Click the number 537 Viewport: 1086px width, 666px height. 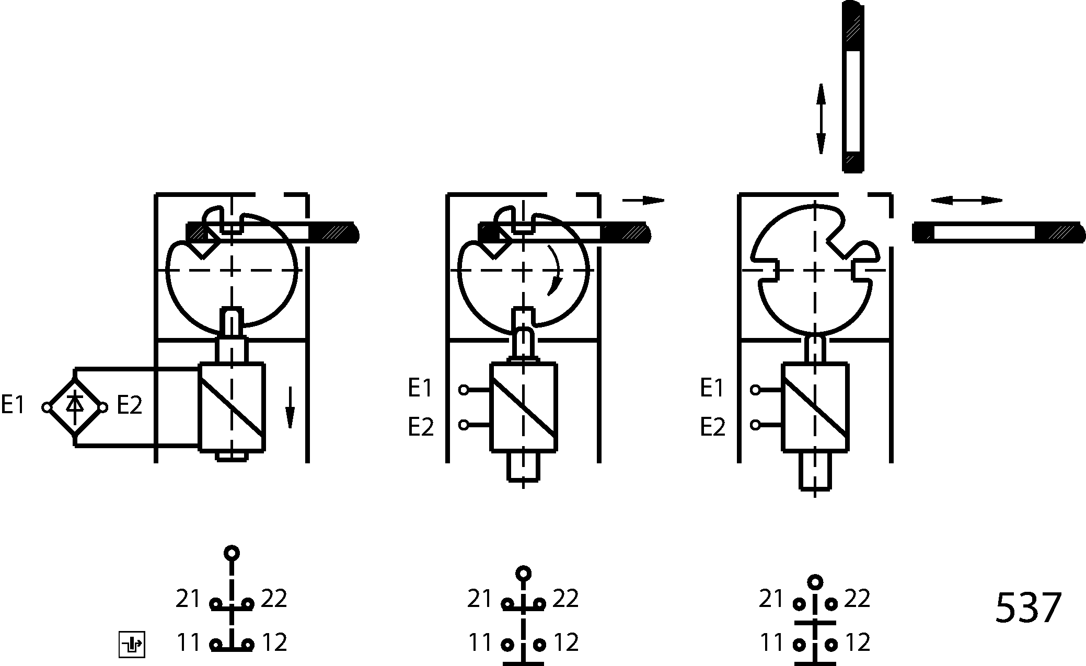tap(1028, 608)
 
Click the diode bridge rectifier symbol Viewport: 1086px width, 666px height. tap(75, 407)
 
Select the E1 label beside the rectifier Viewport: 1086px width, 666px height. tap(13, 404)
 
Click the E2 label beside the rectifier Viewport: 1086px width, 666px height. tap(129, 404)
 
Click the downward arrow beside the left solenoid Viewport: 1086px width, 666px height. tap(290, 407)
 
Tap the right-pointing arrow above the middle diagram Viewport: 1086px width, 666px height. tap(643, 200)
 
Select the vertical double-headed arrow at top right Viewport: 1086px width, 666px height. tap(821, 119)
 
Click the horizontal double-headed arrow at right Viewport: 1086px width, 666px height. tap(967, 201)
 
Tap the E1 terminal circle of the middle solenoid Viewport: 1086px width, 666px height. tap(464, 390)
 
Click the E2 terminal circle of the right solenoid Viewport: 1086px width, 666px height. tap(755, 425)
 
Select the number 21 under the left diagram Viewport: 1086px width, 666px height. tap(188, 599)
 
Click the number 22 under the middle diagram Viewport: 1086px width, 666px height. tap(565, 599)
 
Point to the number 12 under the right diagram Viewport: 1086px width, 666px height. tap(857, 642)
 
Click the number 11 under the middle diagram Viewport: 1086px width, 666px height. tap(480, 642)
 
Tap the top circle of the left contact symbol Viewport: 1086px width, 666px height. tap(232, 553)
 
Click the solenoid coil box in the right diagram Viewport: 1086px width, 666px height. tap(815, 407)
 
